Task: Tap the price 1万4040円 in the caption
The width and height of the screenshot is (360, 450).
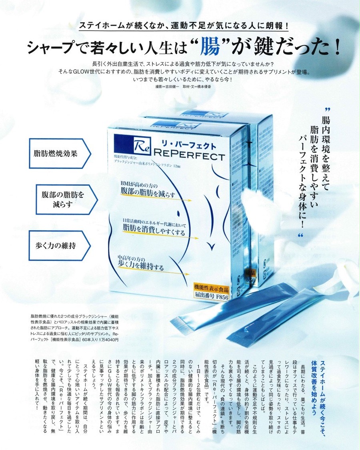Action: pyautogui.click(x=108, y=339)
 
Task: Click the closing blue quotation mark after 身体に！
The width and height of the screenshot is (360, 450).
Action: pyautogui.click(x=301, y=236)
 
